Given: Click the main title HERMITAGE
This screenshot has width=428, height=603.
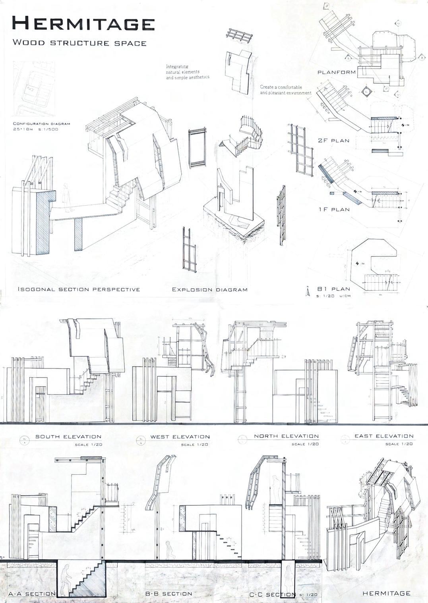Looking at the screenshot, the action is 83,24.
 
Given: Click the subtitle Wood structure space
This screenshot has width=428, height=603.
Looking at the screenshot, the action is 79,43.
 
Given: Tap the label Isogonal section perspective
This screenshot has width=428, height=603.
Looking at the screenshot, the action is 79,289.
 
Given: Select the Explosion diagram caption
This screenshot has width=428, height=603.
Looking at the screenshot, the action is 209,290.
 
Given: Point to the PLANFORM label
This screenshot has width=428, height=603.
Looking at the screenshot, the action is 336,73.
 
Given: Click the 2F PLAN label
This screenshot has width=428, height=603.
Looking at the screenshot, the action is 333,141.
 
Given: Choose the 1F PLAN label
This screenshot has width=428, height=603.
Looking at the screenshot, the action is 334,210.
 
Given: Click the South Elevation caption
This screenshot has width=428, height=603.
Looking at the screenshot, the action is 68,437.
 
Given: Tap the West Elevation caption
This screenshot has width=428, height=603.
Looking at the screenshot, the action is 180,437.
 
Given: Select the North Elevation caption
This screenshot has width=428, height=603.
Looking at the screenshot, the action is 286,436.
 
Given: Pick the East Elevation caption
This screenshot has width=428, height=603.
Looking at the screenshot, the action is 384,436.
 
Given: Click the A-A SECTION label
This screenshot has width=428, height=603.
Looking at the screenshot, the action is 32,594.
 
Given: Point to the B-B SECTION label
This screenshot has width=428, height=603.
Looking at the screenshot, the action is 168,594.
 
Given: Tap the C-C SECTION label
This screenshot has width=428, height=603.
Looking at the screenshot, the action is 272,595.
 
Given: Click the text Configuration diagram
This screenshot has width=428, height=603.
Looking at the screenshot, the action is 41,124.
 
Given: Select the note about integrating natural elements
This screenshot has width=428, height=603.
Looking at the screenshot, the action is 187,72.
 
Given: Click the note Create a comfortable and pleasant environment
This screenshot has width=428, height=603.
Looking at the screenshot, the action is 285,90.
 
